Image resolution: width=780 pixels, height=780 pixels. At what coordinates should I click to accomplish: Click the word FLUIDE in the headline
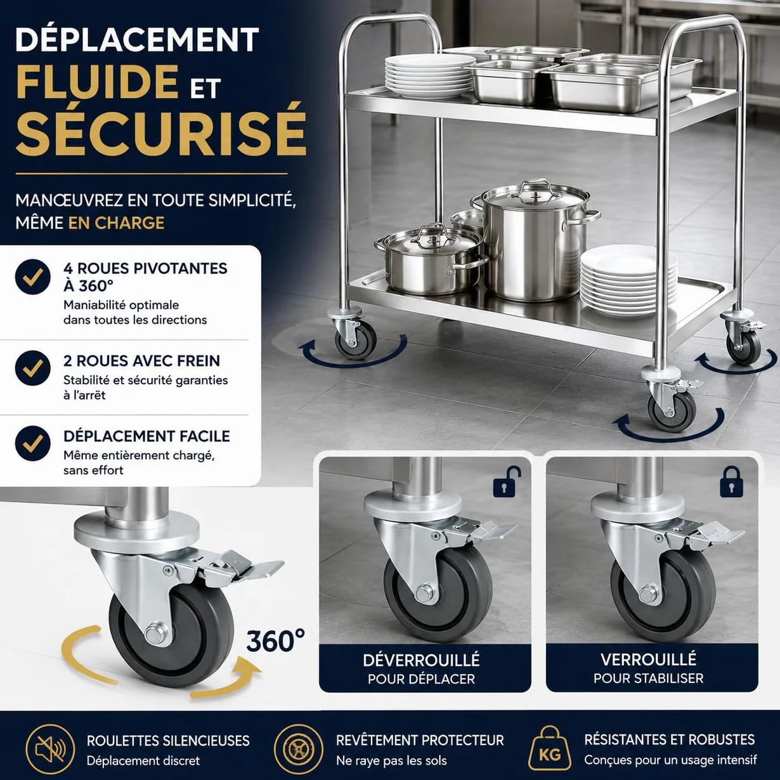point(97,81)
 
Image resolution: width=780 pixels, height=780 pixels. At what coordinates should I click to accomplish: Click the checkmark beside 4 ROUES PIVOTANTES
point(33,277)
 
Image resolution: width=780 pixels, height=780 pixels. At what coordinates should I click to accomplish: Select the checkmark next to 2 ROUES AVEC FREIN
point(33,368)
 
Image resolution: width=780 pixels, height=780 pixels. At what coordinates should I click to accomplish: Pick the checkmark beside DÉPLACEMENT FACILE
point(33,443)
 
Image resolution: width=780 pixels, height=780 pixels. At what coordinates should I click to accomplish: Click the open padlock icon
point(507,481)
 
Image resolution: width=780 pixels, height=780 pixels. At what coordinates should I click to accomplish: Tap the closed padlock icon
point(731,482)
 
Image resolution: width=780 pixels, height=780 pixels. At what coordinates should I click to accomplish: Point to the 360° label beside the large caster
point(276,640)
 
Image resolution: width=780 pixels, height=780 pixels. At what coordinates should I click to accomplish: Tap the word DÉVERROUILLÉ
point(421,660)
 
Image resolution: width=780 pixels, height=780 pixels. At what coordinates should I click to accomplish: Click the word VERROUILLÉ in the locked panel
point(649,660)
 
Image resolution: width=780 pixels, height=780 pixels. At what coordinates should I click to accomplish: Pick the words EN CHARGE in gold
point(116,223)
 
